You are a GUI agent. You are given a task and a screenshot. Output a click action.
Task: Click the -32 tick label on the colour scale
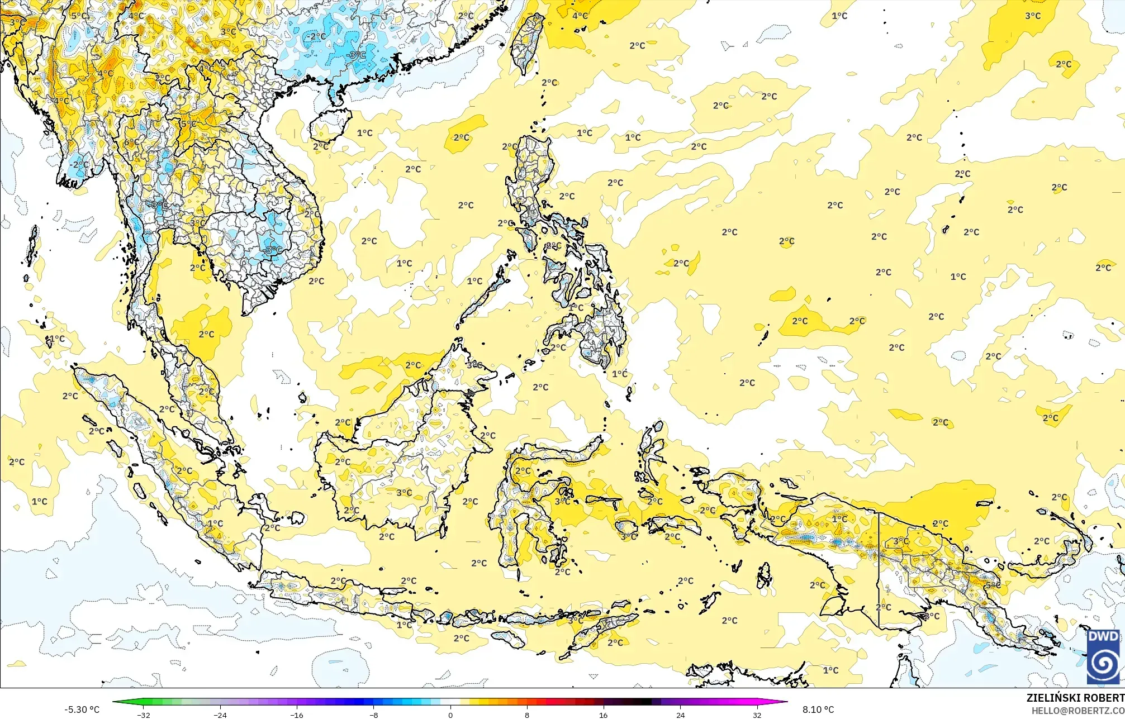tap(144, 715)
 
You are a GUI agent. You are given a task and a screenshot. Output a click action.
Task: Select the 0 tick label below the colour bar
tap(450, 715)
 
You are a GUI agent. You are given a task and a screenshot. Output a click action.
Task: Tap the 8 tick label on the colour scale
tap(527, 715)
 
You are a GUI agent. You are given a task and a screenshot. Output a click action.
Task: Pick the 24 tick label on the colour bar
tap(680, 715)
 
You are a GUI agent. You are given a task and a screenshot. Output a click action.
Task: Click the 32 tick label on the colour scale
tap(757, 715)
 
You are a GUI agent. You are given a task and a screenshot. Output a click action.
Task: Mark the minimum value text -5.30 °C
tap(82, 710)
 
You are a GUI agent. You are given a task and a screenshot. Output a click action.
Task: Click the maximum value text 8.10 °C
tap(818, 710)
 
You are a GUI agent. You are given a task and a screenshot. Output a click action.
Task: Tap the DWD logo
tap(1103, 656)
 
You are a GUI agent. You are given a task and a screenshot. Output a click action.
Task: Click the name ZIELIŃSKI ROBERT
tap(1075, 698)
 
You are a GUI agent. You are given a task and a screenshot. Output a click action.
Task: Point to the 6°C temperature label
tap(132, 142)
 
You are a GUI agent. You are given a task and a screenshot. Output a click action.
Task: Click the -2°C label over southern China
tap(316, 36)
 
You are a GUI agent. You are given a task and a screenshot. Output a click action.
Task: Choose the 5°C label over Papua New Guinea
tap(993, 585)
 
